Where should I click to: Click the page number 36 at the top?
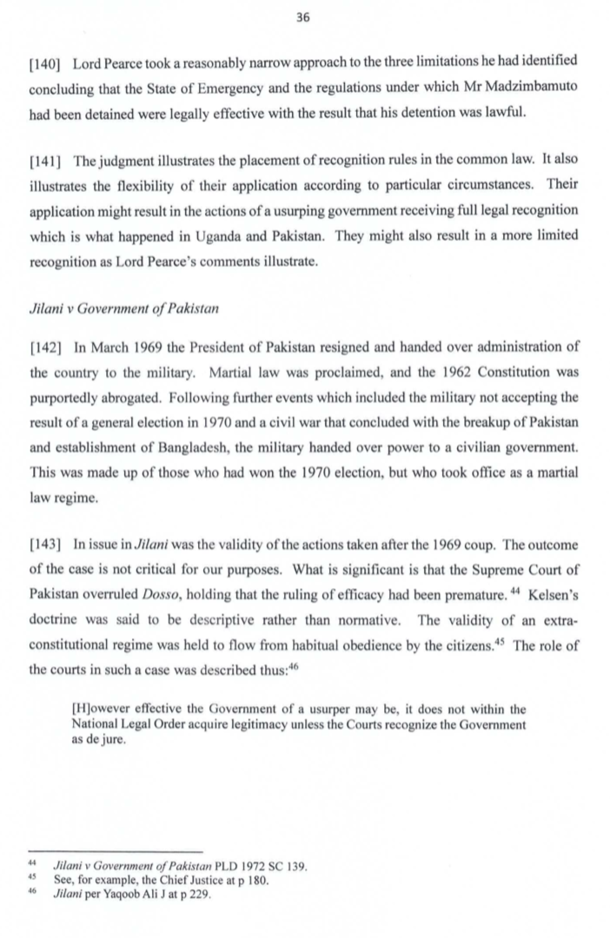click(x=304, y=18)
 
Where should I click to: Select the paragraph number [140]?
click(x=45, y=65)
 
